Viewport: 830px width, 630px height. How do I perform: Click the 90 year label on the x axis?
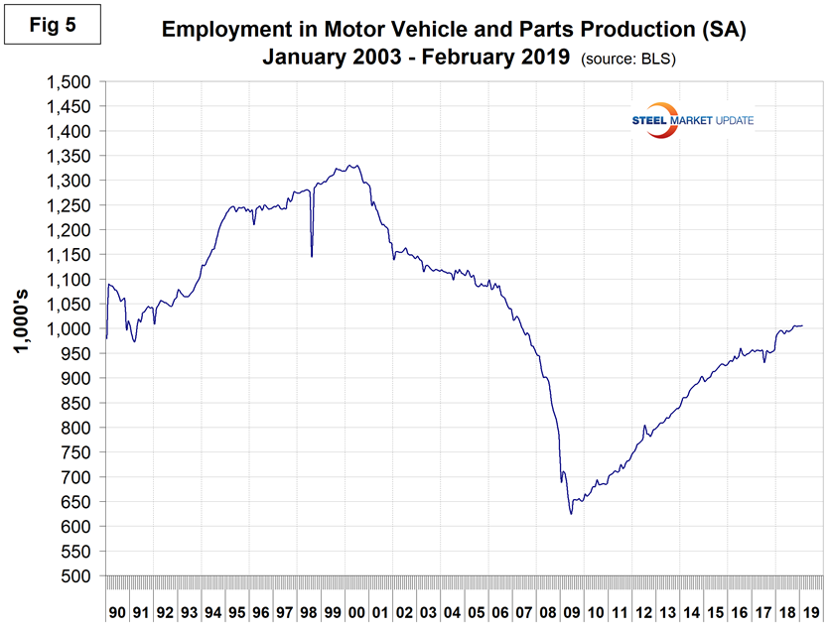[x=117, y=612]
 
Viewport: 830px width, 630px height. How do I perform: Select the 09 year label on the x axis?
[x=572, y=612]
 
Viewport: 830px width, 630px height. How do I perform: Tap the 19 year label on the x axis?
[x=811, y=612]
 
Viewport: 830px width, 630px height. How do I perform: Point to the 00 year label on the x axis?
[x=356, y=612]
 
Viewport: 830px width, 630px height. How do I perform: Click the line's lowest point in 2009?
[x=571, y=514]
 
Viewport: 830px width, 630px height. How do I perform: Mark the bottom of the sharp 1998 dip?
[x=312, y=256]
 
